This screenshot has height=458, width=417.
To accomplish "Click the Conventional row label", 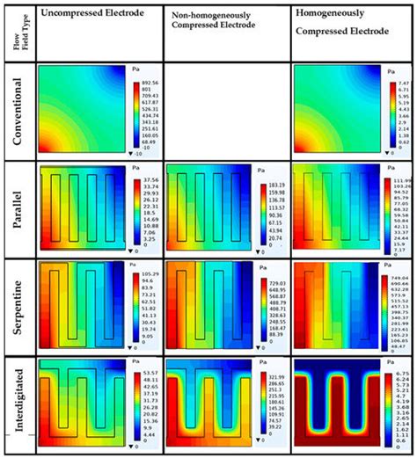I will [x=18, y=113].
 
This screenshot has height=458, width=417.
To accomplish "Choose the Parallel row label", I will [x=18, y=209].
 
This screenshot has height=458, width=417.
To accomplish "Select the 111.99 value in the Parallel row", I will [x=402, y=178].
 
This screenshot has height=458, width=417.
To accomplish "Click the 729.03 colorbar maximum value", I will [x=275, y=276].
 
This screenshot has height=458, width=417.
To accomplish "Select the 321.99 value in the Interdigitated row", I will [x=275, y=375].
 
